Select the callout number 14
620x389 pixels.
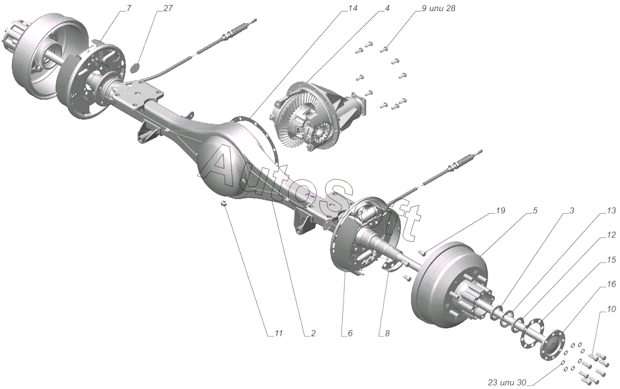pyautogui.click(x=352, y=9)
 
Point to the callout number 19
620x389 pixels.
pyautogui.click(x=500, y=210)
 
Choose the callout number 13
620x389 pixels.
pyautogui.click(x=611, y=210)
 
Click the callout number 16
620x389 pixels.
pyautogui.click(x=611, y=284)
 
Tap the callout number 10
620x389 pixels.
pyautogui.click(x=611, y=310)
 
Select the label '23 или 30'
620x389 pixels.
pyautogui.click(x=507, y=382)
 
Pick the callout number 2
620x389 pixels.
pyautogui.click(x=313, y=334)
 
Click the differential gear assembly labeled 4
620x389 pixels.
pyautogui.click(x=310, y=116)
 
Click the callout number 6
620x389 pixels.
pyautogui.click(x=350, y=334)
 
